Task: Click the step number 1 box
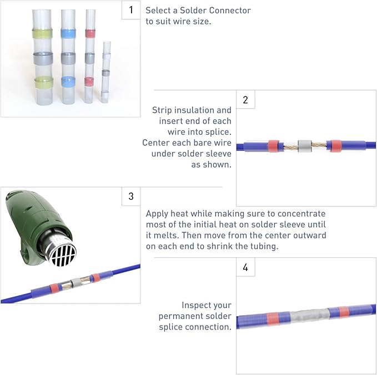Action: click(x=131, y=10)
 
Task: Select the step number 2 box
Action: click(x=245, y=99)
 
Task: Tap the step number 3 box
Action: click(x=131, y=196)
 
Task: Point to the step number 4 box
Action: click(x=245, y=267)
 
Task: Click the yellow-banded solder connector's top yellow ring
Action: click(x=42, y=34)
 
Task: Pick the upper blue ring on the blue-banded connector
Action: click(x=68, y=34)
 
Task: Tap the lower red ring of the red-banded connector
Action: click(x=89, y=82)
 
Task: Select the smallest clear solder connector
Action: click(x=106, y=72)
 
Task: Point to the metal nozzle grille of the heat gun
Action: click(x=63, y=255)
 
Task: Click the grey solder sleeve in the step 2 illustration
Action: click(x=305, y=146)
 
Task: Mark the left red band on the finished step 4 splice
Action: click(x=273, y=319)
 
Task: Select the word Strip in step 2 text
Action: click(x=162, y=110)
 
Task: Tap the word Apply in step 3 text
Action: click(x=157, y=214)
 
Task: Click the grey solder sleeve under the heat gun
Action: click(x=76, y=282)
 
